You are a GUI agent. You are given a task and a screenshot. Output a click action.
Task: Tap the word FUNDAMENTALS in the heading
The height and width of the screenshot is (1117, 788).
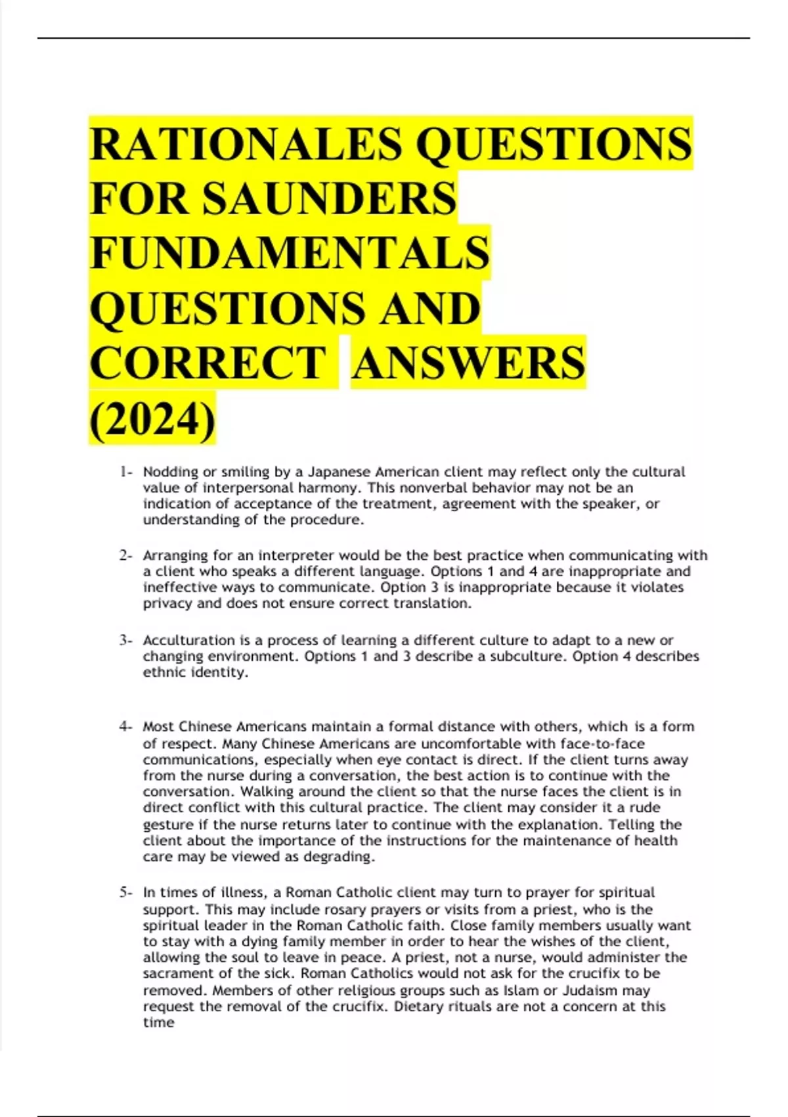point(290,254)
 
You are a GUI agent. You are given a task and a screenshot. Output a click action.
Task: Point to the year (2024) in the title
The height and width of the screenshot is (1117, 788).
point(152,419)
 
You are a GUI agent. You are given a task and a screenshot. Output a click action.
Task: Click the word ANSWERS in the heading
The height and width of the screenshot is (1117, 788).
point(468,363)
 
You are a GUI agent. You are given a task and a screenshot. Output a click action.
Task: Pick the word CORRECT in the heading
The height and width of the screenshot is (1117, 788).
point(208,363)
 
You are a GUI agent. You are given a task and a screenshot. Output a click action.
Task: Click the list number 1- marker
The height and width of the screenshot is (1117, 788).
point(125,472)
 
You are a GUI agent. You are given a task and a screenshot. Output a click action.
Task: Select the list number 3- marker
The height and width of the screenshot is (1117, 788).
point(125,640)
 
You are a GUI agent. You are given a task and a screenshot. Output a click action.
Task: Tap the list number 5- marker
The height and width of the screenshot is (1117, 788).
point(125,892)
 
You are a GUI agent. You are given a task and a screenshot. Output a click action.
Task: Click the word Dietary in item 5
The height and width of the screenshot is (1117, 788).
point(418,1007)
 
